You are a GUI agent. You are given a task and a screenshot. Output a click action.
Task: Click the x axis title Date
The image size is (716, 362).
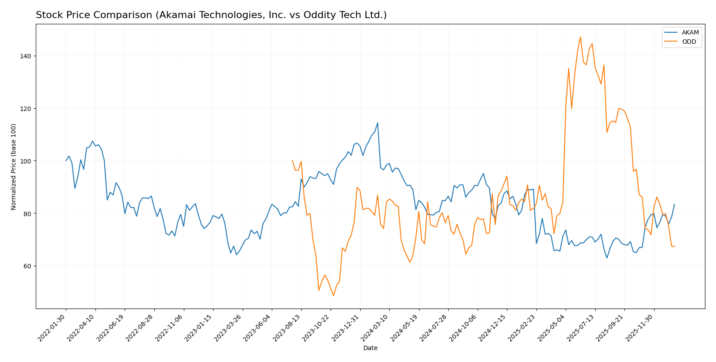pyautogui.click(x=370, y=348)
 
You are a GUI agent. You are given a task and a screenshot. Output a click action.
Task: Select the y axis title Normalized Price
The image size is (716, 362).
pyautogui.click(x=14, y=167)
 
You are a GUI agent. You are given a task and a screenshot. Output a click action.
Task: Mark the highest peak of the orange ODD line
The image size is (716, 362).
pyautogui.click(x=580, y=37)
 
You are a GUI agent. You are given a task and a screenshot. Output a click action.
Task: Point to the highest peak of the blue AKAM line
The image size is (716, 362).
pyautogui.click(x=377, y=123)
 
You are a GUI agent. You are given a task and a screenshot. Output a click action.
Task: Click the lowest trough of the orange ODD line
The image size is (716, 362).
pyautogui.click(x=333, y=296)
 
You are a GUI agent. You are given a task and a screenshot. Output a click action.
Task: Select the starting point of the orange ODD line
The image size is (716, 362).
pyautogui.click(x=292, y=160)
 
